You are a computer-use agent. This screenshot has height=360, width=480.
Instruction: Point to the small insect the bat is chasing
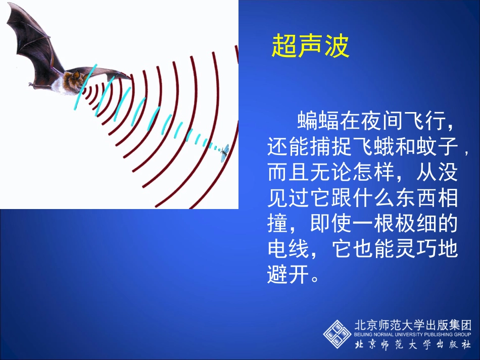click(x=225, y=151)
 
